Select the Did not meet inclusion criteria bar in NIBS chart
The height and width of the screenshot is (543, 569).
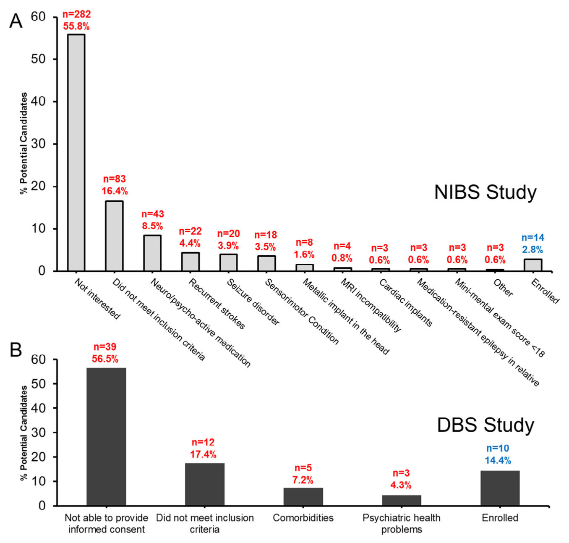tap(114, 236)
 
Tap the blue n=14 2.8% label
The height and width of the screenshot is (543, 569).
tap(532, 244)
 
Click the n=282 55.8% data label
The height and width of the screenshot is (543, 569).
tap(76, 20)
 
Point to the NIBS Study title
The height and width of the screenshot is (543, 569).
tap(485, 192)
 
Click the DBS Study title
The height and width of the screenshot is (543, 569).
tap(485, 425)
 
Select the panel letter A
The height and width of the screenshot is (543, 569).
tap(16, 21)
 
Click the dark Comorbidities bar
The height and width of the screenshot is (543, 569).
tap(303, 496)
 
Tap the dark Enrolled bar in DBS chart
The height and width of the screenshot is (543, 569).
tap(500, 488)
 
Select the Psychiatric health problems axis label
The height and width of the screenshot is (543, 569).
tap(401, 523)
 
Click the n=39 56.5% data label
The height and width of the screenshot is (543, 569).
tap(105, 353)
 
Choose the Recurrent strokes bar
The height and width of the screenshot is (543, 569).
tap(190, 262)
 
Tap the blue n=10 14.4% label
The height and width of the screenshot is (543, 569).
tap(498, 454)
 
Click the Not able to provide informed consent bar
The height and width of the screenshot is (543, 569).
tap(106, 437)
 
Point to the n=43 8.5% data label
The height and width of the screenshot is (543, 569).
tap(152, 220)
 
